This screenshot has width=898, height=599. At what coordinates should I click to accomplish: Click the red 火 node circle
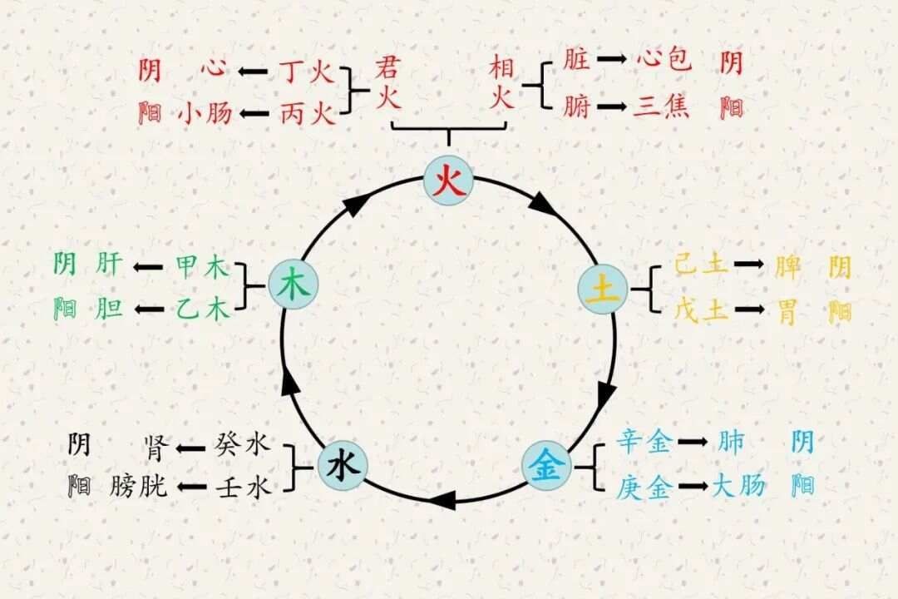[449, 180]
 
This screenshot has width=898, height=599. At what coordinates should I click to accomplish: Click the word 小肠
[205, 112]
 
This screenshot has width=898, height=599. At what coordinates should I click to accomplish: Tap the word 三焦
[661, 107]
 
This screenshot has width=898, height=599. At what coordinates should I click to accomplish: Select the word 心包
[664, 61]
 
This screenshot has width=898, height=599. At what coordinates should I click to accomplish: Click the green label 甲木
[201, 267]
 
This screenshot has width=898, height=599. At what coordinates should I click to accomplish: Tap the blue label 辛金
[644, 442]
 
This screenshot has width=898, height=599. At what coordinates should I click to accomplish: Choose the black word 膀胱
[138, 486]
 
